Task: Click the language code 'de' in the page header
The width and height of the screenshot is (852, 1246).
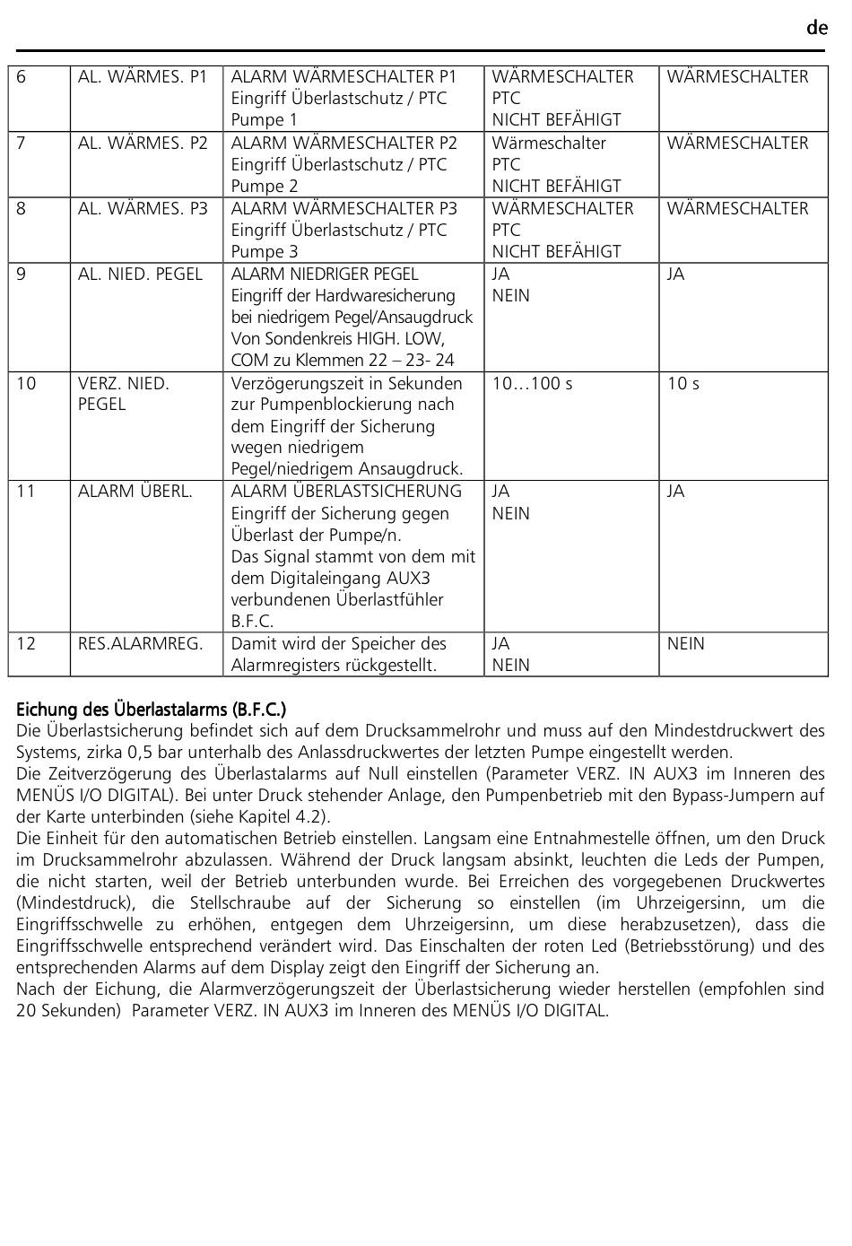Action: tap(816, 28)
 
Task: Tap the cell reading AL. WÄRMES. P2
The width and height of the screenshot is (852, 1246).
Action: tap(143, 144)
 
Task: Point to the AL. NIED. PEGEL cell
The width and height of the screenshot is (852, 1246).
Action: tap(140, 274)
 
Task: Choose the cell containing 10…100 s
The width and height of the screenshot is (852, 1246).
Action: tap(532, 384)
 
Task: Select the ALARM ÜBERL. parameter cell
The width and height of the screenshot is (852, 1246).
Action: tap(135, 492)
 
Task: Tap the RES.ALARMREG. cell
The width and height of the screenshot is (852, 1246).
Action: tap(140, 644)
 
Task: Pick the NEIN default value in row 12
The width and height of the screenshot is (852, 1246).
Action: tap(686, 644)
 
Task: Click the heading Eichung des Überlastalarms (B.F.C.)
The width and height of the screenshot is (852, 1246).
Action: tap(151, 710)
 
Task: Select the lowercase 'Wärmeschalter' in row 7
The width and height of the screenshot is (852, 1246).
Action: tap(549, 144)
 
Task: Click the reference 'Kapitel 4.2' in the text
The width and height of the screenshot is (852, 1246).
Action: tap(288, 817)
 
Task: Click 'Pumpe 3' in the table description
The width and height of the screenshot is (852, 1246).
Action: tap(265, 252)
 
